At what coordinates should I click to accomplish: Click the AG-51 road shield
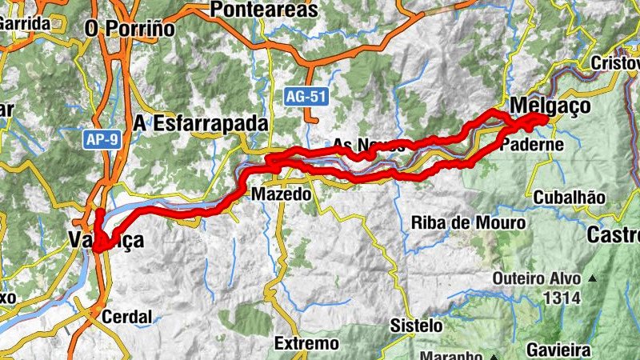pyautogui.click(x=306, y=96)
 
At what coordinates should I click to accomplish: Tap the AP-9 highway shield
pyautogui.click(x=102, y=140)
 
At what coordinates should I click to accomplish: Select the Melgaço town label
pyautogui.click(x=550, y=106)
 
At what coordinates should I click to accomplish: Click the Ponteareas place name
pyautogui.click(x=263, y=10)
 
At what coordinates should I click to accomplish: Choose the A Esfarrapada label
pyautogui.click(x=200, y=124)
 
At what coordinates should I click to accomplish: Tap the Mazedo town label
pyautogui.click(x=280, y=194)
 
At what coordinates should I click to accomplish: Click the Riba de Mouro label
pyautogui.click(x=468, y=222)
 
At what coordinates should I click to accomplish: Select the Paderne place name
pyautogui.click(x=532, y=145)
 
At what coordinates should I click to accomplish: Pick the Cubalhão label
pyautogui.click(x=570, y=198)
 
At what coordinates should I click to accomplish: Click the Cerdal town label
pyautogui.click(x=126, y=317)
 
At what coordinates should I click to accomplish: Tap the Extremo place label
pyautogui.click(x=306, y=344)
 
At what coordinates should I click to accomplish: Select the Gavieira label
pyautogui.click(x=558, y=350)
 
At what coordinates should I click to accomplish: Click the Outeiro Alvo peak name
pyautogui.click(x=537, y=279)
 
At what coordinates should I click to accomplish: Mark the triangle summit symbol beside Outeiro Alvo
pyautogui.click(x=593, y=278)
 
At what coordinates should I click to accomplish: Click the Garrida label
pyautogui.click(x=24, y=23)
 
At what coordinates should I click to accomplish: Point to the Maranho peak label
pyautogui.click(x=453, y=355)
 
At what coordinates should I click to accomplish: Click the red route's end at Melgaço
pyautogui.click(x=546, y=118)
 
